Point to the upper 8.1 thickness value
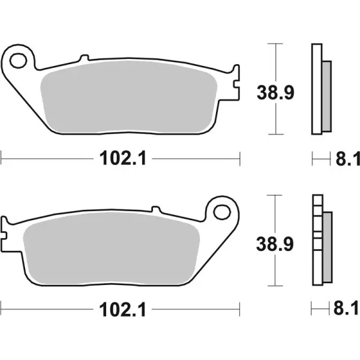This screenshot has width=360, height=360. (347, 159)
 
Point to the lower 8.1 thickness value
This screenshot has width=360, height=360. (347, 310)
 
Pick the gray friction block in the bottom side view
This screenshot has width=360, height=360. (326, 247)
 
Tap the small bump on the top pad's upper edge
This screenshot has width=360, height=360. (83, 58)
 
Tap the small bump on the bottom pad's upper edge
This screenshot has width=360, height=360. (158, 209)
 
